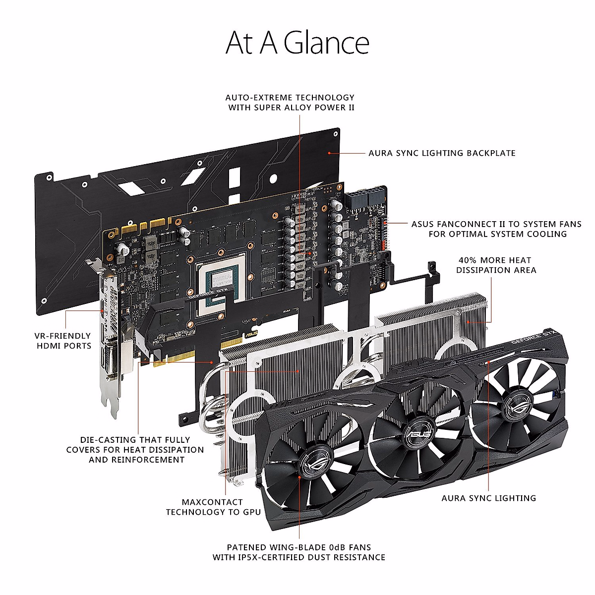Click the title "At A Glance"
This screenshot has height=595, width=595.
tap(297, 43)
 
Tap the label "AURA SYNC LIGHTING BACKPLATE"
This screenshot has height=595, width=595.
tap(442, 153)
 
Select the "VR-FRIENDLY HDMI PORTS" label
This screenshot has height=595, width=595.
tap(63, 341)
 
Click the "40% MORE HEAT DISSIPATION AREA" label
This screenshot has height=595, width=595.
tap(496, 265)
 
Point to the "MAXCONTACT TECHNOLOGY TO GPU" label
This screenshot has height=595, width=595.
tap(213, 507)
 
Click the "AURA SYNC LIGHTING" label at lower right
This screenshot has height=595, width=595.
tap(489, 498)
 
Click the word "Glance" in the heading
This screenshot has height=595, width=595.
tap(327, 43)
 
